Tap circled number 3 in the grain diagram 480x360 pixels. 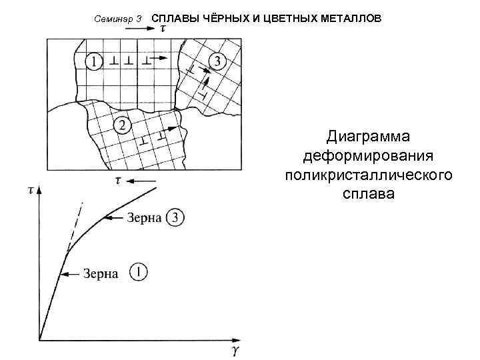(217, 61)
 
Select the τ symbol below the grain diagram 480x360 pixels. (117, 180)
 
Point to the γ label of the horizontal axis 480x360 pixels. (233, 349)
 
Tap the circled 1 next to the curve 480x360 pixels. (139, 272)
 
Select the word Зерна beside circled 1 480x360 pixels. (101, 273)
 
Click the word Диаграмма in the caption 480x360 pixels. (368, 137)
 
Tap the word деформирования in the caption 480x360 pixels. (368, 156)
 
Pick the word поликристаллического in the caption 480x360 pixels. (368, 175)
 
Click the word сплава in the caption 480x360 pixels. (368, 195)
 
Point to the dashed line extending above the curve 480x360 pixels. (76, 223)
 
